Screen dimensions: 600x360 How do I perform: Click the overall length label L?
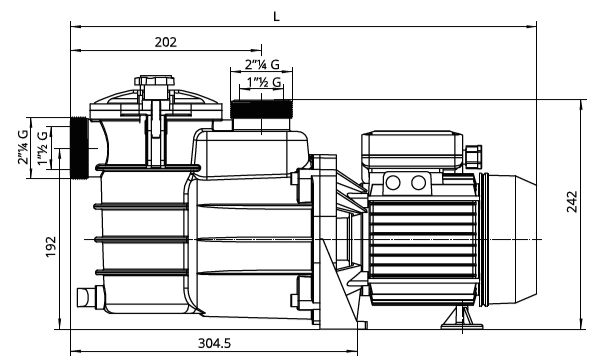pyautogui.click(x=276, y=16)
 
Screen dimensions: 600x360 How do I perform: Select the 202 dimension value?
pyautogui.click(x=166, y=42)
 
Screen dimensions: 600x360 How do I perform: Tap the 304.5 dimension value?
pyautogui.click(x=214, y=343)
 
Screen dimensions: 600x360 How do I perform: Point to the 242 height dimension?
pyautogui.click(x=572, y=202)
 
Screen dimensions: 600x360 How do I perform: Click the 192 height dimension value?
pyautogui.click(x=51, y=247)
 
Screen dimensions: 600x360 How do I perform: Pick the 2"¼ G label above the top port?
pyautogui.click(x=262, y=65)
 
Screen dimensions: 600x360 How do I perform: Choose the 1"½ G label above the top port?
pyautogui.click(x=264, y=82)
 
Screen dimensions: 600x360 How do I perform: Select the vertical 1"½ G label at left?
pyautogui.click(x=43, y=148)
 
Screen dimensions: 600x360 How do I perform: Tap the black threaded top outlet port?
pyautogui.click(x=261, y=109)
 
